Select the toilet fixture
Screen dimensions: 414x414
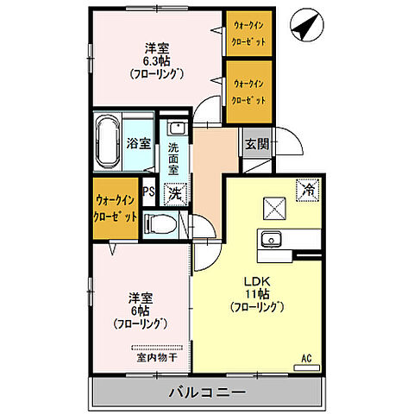point(161,225)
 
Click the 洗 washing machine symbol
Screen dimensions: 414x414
point(174,194)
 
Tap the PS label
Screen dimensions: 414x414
point(148,192)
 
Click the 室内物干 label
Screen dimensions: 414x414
point(155,355)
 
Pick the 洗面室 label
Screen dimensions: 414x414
point(174,158)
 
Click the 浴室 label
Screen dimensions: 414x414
point(138,141)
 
